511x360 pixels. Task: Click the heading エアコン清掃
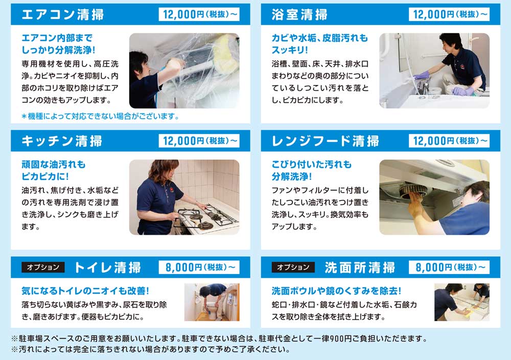[x=62, y=15]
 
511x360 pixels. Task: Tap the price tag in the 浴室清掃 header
[x=449, y=15]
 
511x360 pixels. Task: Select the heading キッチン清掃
[x=62, y=141]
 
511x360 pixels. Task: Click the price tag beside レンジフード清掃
[x=449, y=141]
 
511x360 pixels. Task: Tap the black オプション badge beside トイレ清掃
[x=43, y=267]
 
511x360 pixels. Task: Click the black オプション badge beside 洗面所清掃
[x=293, y=267]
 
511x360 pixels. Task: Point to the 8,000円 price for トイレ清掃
[x=199, y=267]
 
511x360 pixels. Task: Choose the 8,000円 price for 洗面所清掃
[x=449, y=267]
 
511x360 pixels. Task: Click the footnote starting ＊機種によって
[x=100, y=117]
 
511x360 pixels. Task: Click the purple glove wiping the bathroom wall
[x=422, y=77]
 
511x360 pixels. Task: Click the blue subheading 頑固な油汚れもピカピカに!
[x=54, y=170]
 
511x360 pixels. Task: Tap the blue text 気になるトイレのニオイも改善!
[x=85, y=290]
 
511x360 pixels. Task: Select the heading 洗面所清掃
[x=360, y=267]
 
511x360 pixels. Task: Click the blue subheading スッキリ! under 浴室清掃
[x=290, y=50]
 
